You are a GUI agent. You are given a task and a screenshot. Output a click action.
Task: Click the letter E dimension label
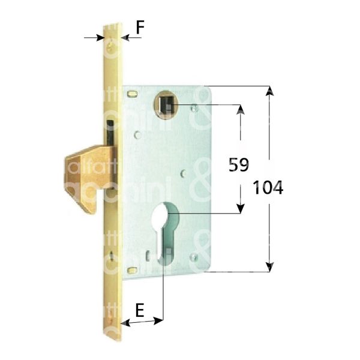point(139,310)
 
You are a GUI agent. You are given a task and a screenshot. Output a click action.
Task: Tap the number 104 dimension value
point(268,187)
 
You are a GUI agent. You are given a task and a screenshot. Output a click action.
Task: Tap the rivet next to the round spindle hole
point(193,109)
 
